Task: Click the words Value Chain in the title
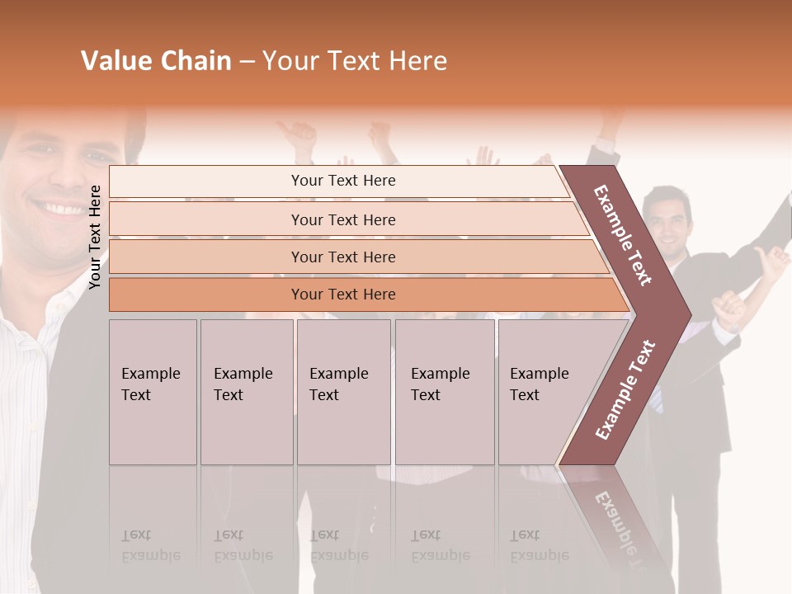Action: (x=156, y=61)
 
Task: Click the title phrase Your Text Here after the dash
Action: (x=355, y=61)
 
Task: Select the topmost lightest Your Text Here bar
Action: (x=342, y=181)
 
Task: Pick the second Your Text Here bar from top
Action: (x=342, y=219)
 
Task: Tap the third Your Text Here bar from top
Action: (x=342, y=257)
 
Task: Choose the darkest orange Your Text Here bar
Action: (x=342, y=295)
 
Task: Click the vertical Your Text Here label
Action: (x=95, y=237)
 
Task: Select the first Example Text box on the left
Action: (x=153, y=391)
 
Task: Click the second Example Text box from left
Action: (x=246, y=391)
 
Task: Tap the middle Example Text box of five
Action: (x=343, y=391)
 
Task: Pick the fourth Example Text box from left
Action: (x=444, y=391)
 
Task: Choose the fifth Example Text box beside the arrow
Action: (x=541, y=391)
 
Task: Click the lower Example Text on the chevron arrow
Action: (x=625, y=389)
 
